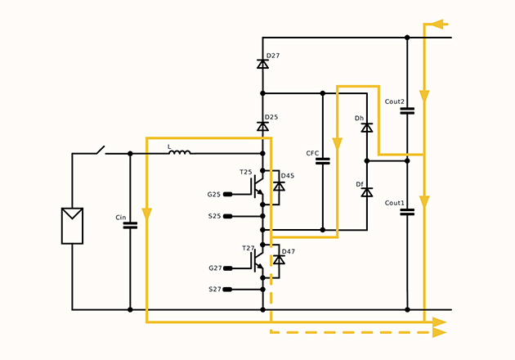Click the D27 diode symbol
point(262,64)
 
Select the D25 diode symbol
point(262,126)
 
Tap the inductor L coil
point(179,152)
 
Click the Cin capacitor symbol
point(130,223)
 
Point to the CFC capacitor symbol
point(322,160)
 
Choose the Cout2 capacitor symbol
point(407,110)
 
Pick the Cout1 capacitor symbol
point(407,211)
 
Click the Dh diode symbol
point(367,127)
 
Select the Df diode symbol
point(367,192)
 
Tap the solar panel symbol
point(72,226)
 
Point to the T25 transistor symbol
point(256,186)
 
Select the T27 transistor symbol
point(256,259)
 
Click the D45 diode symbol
point(279,187)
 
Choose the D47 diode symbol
point(279,259)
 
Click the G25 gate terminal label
point(214,194)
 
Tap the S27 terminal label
point(214,290)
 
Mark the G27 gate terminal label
point(214,268)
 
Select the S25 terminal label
point(214,216)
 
